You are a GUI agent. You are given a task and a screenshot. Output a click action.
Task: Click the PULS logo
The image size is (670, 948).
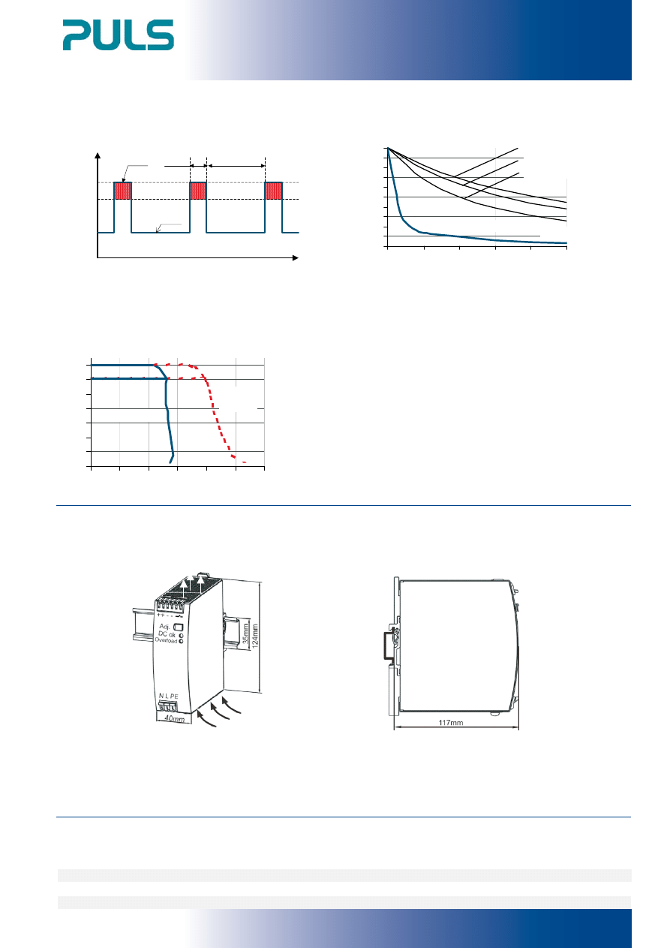point(119,35)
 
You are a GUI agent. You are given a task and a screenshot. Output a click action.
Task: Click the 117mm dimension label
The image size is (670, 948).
point(450,722)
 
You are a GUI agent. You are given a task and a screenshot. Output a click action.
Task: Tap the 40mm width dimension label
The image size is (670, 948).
point(174,718)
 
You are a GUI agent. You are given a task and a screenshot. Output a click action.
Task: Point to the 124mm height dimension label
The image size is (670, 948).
point(255,636)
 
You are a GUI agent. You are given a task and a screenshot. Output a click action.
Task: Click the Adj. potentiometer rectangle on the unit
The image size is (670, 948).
point(178,627)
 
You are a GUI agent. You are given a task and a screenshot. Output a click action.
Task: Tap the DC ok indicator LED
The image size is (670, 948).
point(181,635)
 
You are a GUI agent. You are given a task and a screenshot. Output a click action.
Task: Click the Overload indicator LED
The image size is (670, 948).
point(182,641)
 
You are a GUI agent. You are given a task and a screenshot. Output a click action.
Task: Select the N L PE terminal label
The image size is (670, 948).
point(168,696)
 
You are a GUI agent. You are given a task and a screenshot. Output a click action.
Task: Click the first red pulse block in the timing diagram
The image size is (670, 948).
point(122,191)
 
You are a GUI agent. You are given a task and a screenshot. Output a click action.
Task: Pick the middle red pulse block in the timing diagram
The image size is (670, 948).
point(198,191)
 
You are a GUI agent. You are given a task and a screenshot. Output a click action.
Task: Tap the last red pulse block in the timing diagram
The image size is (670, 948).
point(273,191)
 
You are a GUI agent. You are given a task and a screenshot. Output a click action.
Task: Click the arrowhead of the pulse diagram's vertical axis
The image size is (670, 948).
point(98,155)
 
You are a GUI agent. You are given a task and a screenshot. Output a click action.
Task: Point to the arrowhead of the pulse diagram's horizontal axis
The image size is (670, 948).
point(296,257)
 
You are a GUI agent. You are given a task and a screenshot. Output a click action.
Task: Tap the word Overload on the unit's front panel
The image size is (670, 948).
point(166,640)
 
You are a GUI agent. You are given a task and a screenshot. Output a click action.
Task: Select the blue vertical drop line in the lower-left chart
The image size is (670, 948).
point(168,419)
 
